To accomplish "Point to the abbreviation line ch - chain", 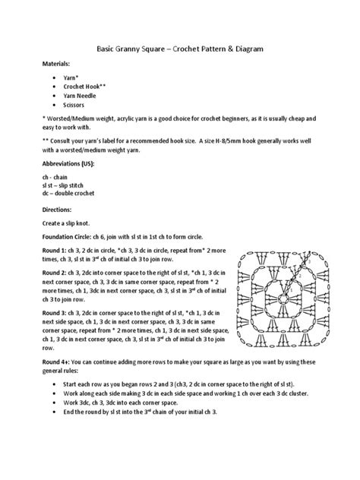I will pyautogui.click(x=56, y=177).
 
